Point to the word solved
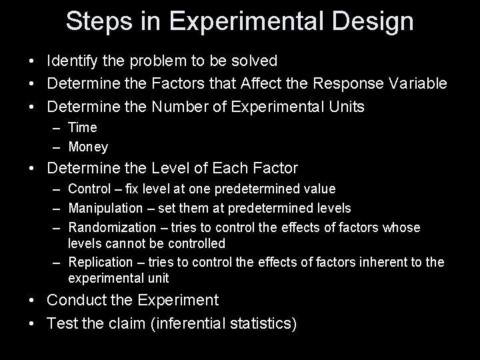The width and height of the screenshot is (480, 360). [x=254, y=61]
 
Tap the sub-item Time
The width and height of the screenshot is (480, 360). [x=83, y=127]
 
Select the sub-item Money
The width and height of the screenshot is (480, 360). [x=88, y=147]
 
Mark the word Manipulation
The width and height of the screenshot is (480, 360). [x=105, y=209]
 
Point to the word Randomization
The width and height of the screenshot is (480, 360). [x=109, y=228]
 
